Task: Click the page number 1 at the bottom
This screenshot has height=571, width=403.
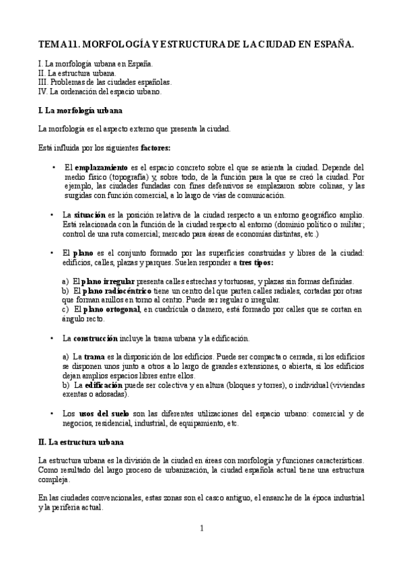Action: [201, 528]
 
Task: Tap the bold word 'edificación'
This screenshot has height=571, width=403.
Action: [107, 384]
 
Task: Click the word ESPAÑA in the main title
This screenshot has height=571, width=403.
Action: [330, 44]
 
